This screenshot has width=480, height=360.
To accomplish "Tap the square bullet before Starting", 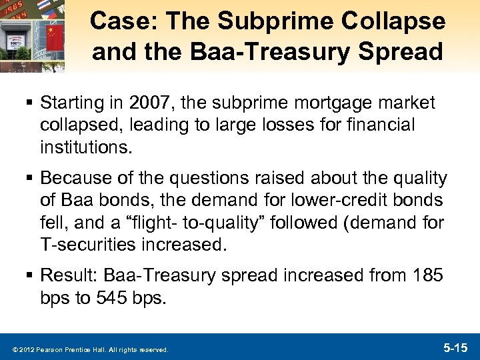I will coord(31,104).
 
